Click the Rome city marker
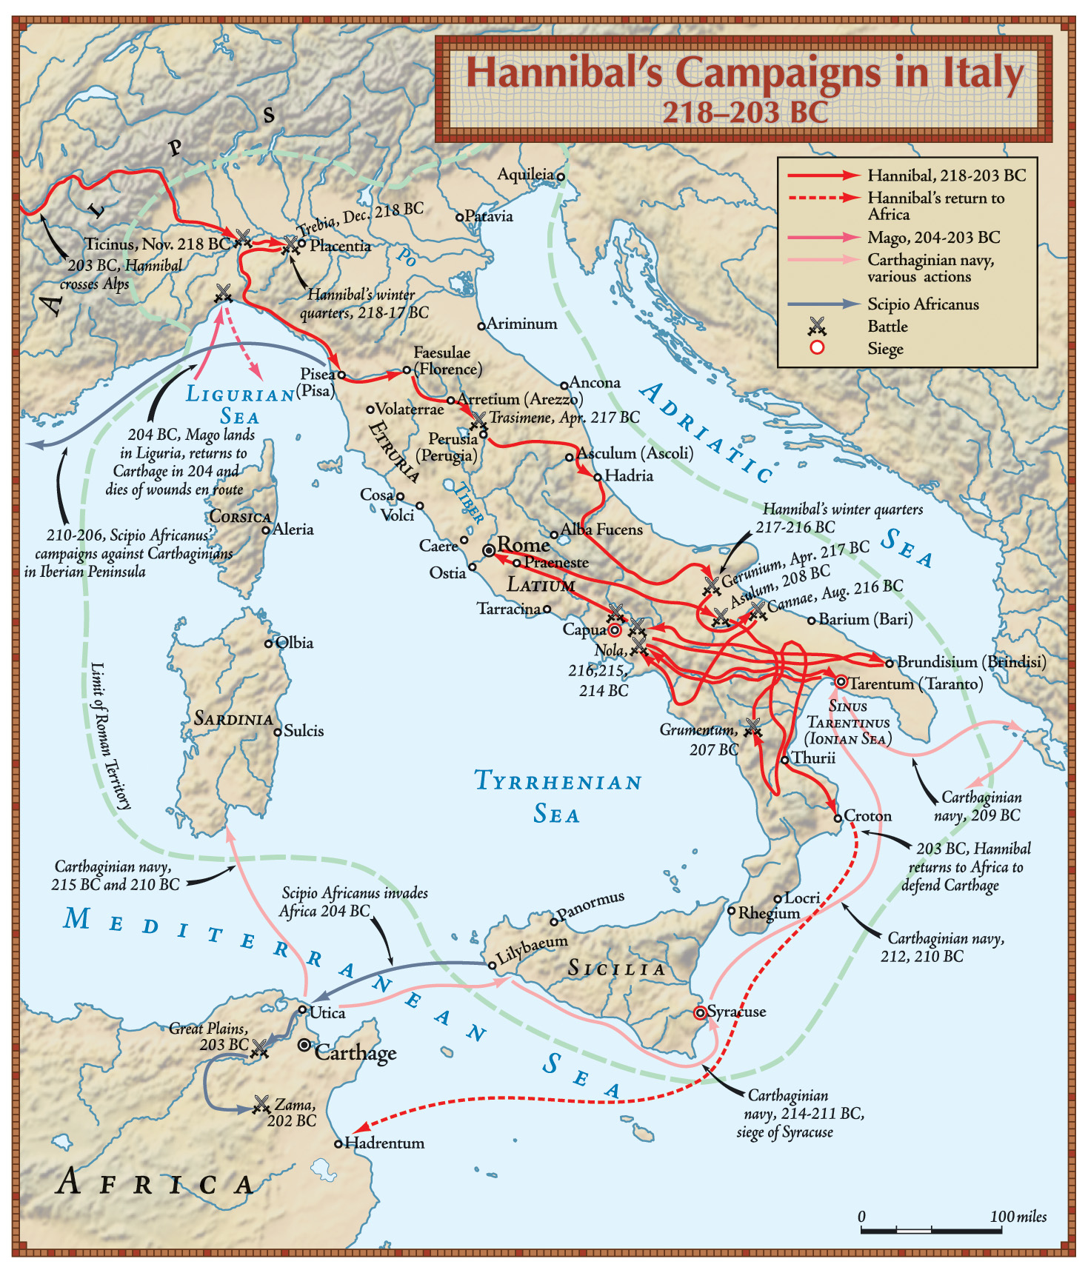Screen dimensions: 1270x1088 [x=489, y=550]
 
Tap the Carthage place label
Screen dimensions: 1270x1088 [x=356, y=1052]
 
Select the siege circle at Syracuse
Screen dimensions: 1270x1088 [x=700, y=1012]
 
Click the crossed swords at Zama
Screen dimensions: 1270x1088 [x=261, y=1104]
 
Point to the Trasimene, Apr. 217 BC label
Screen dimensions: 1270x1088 [x=564, y=418]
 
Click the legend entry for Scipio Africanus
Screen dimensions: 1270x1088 [x=923, y=304]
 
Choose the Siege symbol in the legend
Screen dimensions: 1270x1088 [x=818, y=348]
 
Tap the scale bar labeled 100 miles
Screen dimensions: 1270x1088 [x=931, y=1230]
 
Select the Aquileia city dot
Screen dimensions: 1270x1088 [x=561, y=176]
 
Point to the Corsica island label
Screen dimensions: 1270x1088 [x=240, y=516]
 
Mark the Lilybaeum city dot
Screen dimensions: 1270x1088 [x=492, y=965]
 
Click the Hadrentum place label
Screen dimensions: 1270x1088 [x=384, y=1143]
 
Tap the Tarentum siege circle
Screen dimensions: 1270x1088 [x=841, y=681]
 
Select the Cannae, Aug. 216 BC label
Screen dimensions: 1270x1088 [x=835, y=596]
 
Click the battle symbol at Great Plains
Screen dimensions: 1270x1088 [x=260, y=1049]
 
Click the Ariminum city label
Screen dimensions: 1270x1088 [x=521, y=324]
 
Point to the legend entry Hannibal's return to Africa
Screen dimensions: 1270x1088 [x=935, y=206]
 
